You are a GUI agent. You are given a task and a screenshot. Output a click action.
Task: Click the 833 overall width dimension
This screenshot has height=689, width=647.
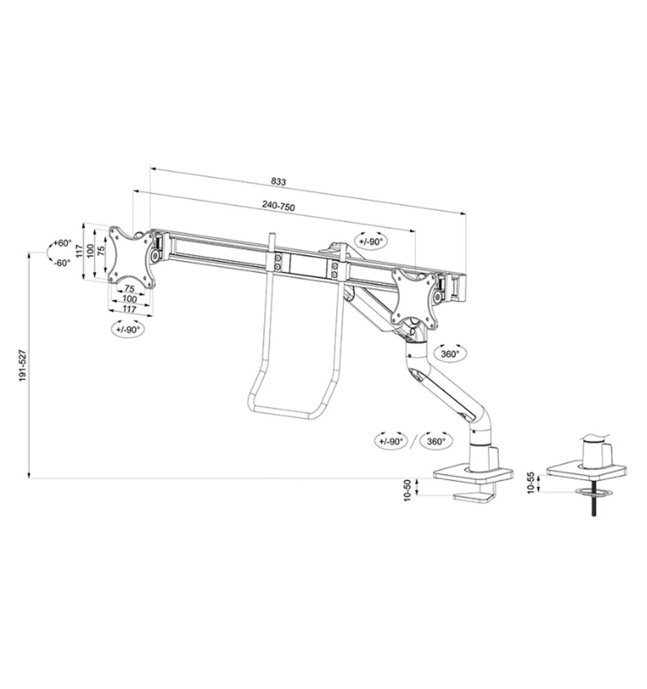(x=278, y=181)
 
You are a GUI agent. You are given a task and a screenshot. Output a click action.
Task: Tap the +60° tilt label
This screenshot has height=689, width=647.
(x=63, y=243)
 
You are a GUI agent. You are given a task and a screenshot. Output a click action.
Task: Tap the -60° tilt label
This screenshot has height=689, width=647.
(x=62, y=263)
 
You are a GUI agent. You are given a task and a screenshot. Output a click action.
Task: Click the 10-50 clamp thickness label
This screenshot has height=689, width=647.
(x=407, y=491)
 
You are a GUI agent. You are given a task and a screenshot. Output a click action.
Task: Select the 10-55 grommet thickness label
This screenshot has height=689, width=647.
(x=531, y=483)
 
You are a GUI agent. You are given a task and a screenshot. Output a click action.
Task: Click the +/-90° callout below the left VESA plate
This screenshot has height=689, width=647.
(x=128, y=329)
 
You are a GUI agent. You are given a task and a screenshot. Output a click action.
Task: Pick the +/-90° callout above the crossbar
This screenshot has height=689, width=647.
(x=371, y=241)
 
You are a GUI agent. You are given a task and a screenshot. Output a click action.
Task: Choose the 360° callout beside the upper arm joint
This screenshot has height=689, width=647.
(x=450, y=354)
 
